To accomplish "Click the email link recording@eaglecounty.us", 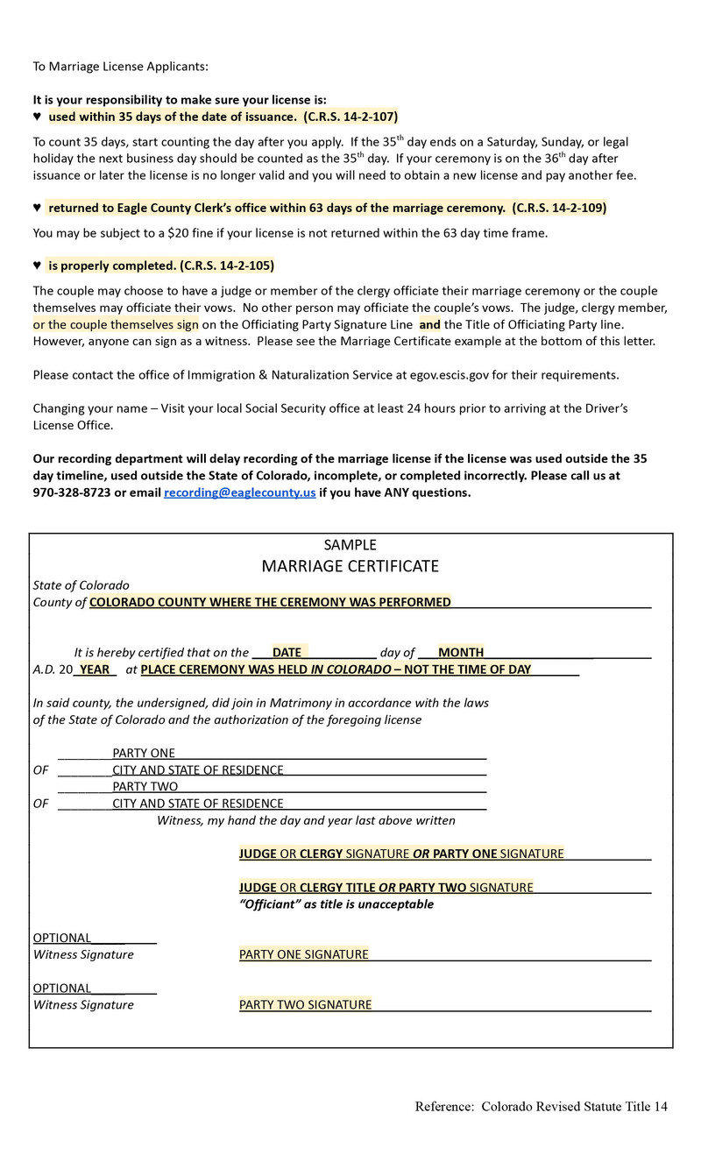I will coord(239,492).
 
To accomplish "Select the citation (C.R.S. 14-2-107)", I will coord(350,117).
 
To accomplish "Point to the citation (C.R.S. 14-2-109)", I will coord(559,208).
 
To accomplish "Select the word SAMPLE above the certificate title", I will coord(350,545).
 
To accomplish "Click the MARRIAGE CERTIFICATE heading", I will coord(350,566).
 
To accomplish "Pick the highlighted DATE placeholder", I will coord(287,652).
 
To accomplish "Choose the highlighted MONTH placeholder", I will coord(461,652).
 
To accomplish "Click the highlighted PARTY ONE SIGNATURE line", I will coord(304,954).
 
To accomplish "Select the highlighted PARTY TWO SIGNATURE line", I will coord(306,1004).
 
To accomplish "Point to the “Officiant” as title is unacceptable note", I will coord(336,904).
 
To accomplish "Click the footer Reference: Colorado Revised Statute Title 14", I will coord(541,1107).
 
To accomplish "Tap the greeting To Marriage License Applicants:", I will coord(121,67).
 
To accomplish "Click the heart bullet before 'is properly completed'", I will coord(37,266).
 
